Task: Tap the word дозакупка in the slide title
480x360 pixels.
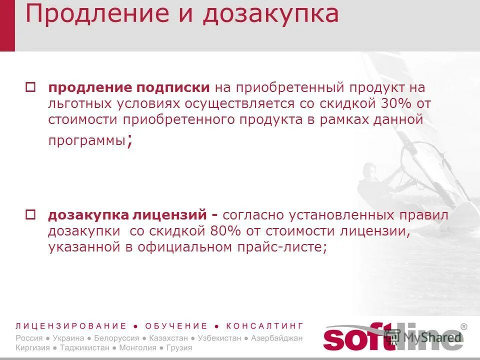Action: (270, 15)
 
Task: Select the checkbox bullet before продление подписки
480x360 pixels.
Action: (29, 86)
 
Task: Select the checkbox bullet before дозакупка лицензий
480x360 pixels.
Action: (29, 214)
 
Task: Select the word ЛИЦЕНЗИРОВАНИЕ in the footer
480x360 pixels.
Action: (71, 326)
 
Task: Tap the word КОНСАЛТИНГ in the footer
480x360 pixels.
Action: (264, 326)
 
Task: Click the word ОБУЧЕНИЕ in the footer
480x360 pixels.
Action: (176, 326)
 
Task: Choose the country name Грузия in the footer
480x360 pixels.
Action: (180, 347)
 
